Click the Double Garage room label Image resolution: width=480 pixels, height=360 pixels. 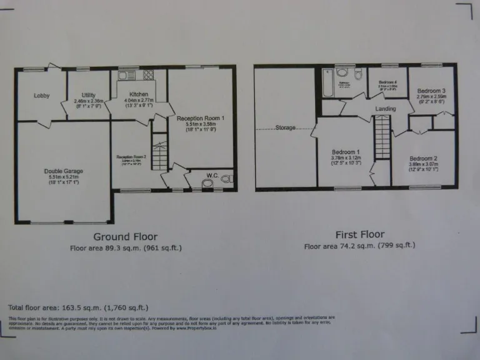(x=64, y=171)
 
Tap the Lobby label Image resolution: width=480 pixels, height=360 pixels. (x=42, y=96)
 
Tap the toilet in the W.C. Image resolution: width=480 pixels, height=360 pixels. (x=207, y=183)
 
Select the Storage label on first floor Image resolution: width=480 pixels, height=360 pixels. (x=285, y=129)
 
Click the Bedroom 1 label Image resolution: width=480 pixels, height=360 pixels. (x=344, y=152)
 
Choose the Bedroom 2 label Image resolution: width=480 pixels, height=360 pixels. (x=423, y=158)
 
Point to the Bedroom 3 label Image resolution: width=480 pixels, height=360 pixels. (x=431, y=90)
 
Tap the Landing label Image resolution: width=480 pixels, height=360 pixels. (x=386, y=109)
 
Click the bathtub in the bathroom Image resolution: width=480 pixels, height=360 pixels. (x=327, y=82)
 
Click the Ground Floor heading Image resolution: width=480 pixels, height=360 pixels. (x=125, y=237)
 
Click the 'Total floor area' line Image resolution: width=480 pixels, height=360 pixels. (x=77, y=307)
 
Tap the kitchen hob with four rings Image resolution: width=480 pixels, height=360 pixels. (x=149, y=76)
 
